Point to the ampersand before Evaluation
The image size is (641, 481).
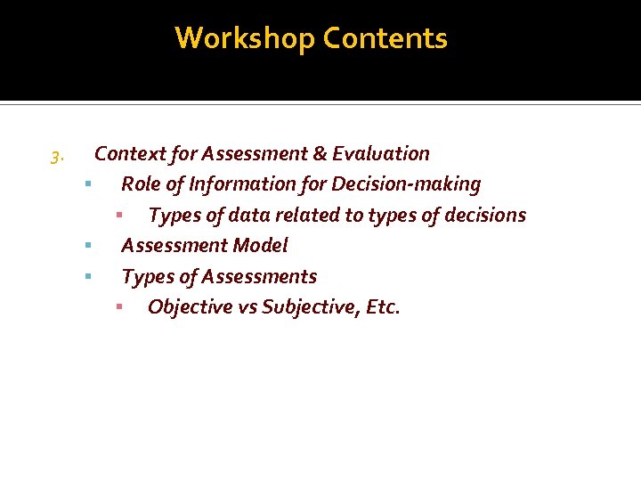point(320,153)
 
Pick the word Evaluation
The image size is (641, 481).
point(381,153)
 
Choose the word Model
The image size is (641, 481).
point(259,245)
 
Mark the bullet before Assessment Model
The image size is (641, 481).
point(89,245)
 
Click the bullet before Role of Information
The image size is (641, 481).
point(89,184)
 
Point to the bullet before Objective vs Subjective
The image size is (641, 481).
point(118,307)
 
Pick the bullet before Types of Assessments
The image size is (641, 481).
point(89,276)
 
